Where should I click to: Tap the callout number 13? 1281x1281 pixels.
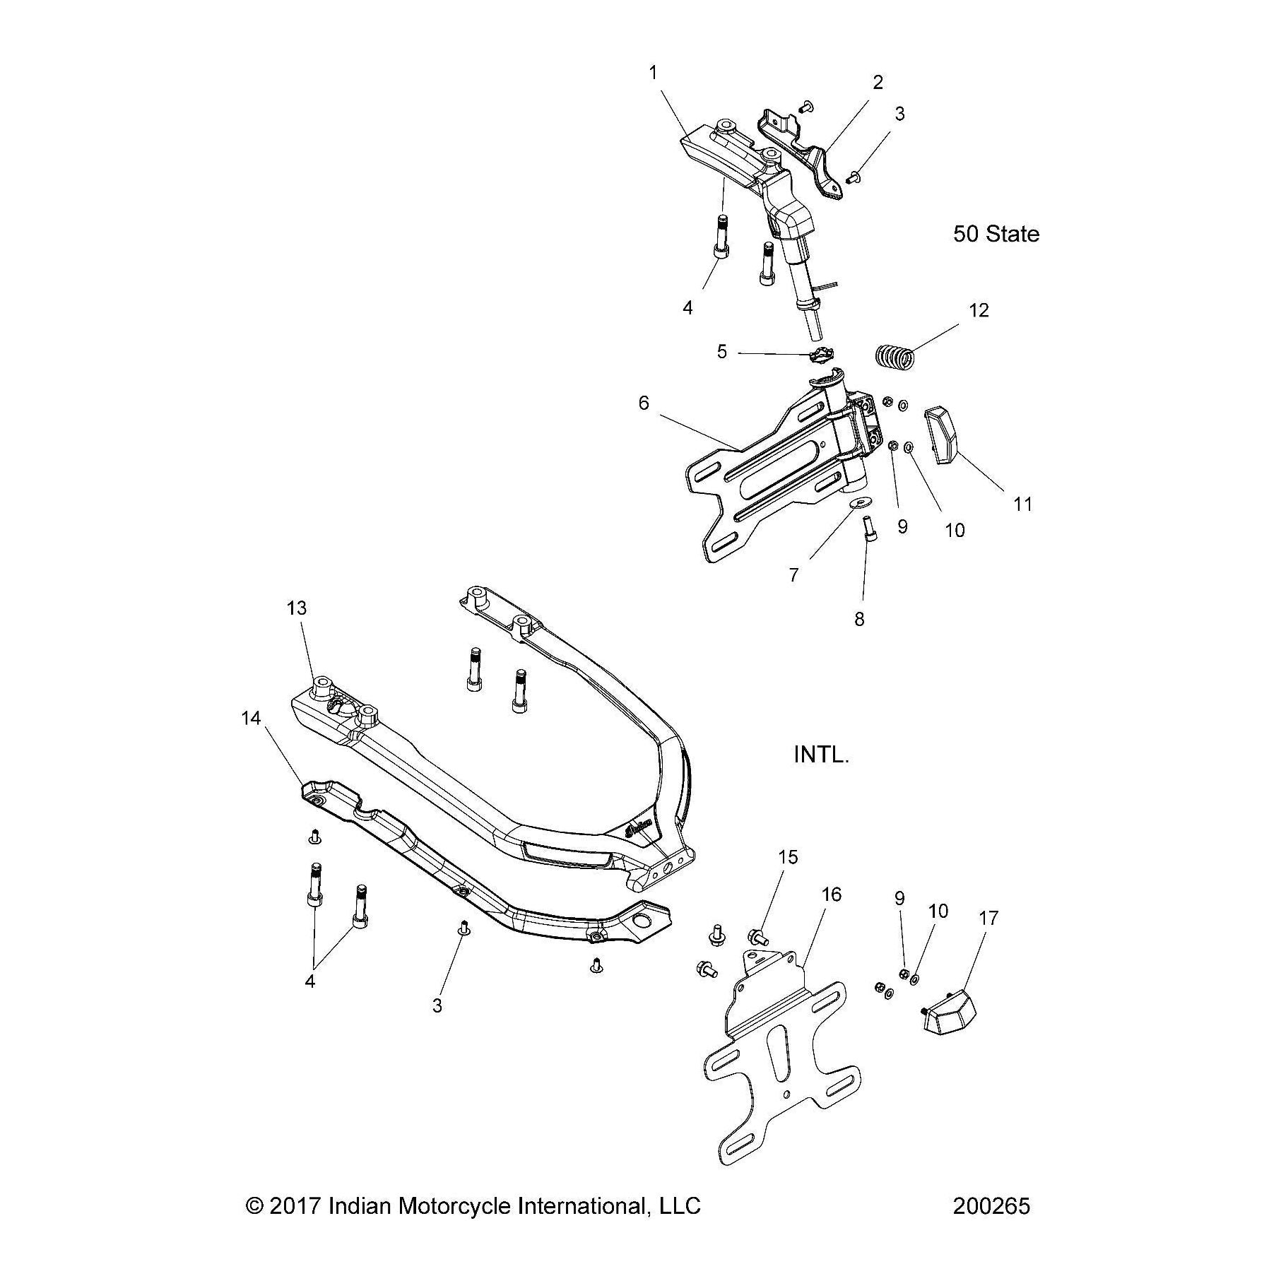297,608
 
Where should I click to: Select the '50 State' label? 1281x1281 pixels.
996,234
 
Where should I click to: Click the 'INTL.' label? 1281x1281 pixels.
821,755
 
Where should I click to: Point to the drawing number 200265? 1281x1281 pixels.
991,1205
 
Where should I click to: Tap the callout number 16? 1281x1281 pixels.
832,895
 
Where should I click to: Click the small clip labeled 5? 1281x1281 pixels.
820,356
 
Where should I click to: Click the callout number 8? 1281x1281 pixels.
859,619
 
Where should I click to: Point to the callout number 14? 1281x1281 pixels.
251,719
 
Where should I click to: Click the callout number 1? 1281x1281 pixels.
654,72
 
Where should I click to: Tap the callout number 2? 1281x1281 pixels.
878,83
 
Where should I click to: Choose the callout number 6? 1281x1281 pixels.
644,402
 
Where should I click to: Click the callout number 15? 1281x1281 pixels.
788,857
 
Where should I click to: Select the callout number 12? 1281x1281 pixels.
979,309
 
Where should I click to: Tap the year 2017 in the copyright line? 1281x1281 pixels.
295,1205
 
